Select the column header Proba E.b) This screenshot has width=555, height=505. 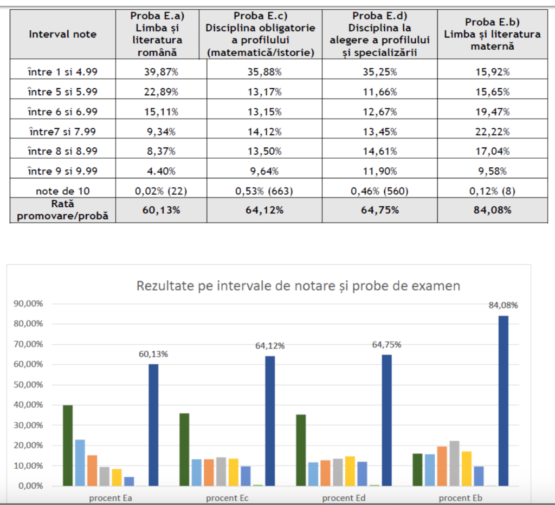[492, 34]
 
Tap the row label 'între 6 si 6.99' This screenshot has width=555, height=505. [63, 112]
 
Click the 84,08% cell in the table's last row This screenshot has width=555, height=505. [492, 210]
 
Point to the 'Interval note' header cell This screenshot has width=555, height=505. [63, 34]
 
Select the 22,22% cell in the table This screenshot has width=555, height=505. [492, 132]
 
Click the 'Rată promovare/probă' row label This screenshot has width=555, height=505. [63, 210]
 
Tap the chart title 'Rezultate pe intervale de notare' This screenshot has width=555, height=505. [298, 285]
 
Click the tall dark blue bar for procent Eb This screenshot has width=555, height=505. [504, 401]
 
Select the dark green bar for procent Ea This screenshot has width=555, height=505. [68, 445]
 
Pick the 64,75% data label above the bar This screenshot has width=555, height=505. [386, 345]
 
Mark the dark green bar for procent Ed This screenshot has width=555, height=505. [301, 450]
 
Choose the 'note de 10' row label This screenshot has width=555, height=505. [63, 191]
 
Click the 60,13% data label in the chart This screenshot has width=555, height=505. [153, 355]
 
